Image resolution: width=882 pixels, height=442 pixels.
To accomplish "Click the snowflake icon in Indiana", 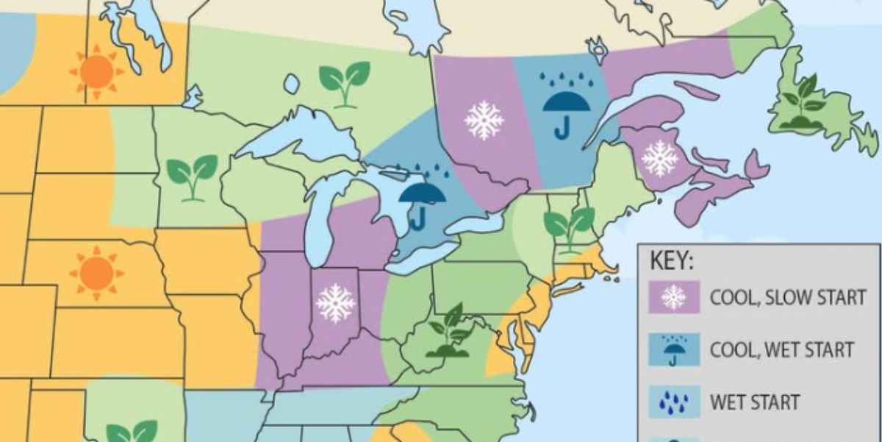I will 336,302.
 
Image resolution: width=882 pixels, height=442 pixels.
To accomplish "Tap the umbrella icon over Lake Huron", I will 422,200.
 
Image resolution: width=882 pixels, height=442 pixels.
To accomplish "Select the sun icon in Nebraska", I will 96,273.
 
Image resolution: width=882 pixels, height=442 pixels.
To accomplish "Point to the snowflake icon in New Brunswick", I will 659,157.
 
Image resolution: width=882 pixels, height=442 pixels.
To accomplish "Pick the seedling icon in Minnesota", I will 192,177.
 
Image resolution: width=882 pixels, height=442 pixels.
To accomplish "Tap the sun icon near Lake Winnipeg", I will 96,72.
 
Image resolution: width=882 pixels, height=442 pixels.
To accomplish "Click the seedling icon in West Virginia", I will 448,330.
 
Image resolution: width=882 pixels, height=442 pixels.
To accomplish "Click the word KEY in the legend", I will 671,262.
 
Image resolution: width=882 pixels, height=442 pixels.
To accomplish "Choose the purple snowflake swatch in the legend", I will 673,297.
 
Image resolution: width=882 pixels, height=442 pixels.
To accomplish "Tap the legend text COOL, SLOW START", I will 787,298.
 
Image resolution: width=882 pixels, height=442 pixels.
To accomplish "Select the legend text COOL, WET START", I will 782,349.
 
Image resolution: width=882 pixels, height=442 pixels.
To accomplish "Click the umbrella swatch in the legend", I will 673,349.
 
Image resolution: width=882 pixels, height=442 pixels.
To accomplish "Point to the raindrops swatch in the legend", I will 673,402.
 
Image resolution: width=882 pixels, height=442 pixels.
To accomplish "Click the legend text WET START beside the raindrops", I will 755,402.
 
